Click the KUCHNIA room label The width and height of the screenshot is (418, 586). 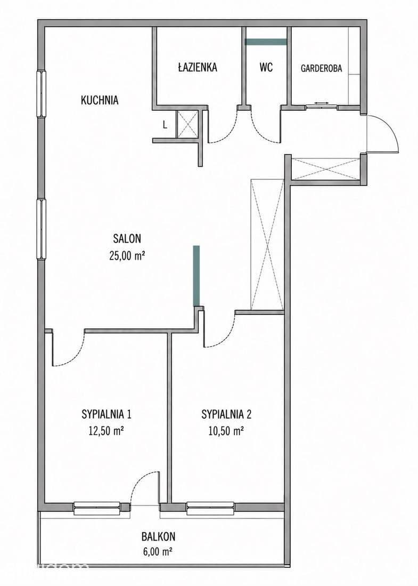click(x=100, y=100)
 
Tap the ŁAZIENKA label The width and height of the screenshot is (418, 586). click(x=198, y=67)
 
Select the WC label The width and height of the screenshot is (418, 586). click(x=266, y=67)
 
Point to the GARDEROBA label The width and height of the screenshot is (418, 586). click(x=321, y=68)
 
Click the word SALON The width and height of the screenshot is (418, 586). click(x=127, y=238)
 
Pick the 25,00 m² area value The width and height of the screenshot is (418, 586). click(x=127, y=255)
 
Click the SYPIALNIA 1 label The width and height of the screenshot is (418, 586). click(x=106, y=414)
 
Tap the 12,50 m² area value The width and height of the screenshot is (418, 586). click(x=106, y=432)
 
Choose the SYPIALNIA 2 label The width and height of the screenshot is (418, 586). click(x=226, y=414)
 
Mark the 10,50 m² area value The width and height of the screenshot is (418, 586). click(x=226, y=432)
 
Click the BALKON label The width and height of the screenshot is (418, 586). click(x=158, y=536)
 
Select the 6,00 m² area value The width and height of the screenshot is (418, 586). click(x=158, y=551)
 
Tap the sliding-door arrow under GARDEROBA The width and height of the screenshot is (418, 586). click(x=321, y=103)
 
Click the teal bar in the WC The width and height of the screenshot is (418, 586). click(x=266, y=42)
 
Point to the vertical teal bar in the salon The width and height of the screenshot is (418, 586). click(x=196, y=276)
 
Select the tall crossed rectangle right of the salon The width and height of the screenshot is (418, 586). click(x=267, y=245)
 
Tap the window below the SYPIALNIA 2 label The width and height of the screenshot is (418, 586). click(x=210, y=508)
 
